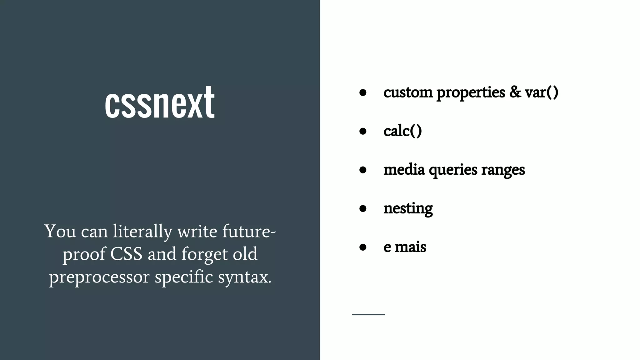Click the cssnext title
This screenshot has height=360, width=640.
coord(160,102)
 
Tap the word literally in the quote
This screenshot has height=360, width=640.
coord(142,232)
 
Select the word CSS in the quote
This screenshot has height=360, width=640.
coord(126,254)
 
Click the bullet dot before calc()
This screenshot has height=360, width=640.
coord(363,131)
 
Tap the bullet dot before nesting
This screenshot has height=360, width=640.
coord(363,208)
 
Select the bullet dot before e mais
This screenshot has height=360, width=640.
coord(363,247)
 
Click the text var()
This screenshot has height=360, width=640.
coord(541,92)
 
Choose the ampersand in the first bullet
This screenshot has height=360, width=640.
coord(515,92)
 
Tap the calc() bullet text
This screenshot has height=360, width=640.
coord(402,131)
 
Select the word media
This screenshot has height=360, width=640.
coord(404,170)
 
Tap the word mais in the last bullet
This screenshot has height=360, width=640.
coord(410,247)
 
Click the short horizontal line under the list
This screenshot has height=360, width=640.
coord(368,314)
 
